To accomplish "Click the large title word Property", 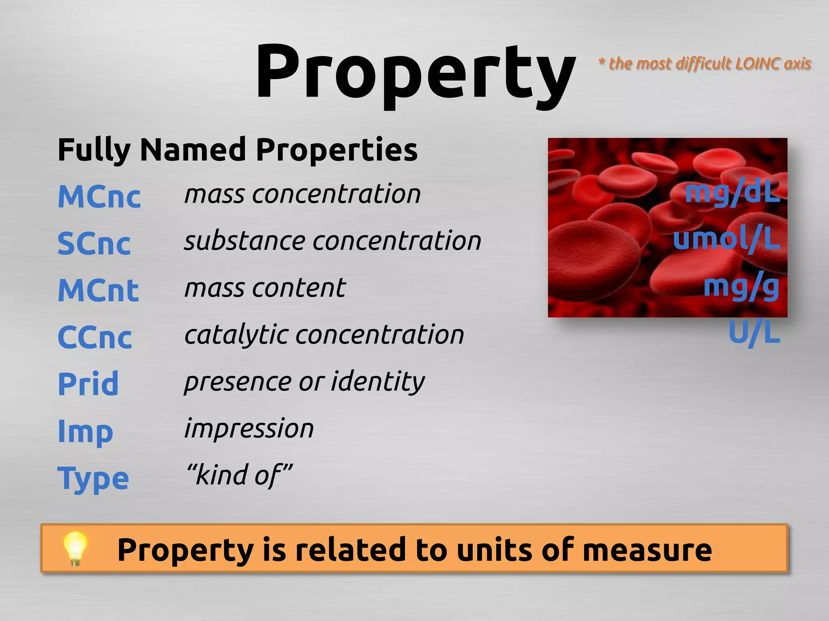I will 415,73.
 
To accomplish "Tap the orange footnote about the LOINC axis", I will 705,63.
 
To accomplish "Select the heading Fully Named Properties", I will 238,150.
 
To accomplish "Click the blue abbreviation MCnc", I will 99,196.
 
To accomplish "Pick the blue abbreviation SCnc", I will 94,243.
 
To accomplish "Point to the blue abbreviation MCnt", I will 98,290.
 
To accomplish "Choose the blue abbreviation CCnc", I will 95,337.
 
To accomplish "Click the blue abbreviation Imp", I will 85,432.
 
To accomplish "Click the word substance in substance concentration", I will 244,241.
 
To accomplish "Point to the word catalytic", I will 236,335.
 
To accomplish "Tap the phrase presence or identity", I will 304,381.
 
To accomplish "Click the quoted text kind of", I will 239,475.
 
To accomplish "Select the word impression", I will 249,428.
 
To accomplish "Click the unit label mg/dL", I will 732,193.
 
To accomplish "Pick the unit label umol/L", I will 726,239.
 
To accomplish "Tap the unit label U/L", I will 754,333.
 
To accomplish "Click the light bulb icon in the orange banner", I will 75,548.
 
